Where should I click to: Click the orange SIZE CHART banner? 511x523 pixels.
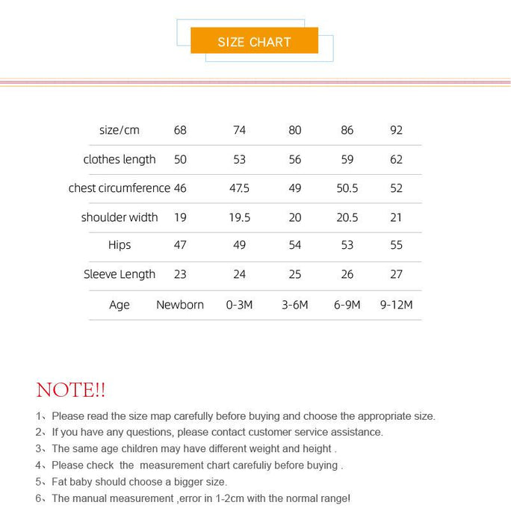[254, 41]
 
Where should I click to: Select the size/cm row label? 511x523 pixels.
[120, 130]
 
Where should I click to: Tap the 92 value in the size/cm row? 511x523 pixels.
[396, 130]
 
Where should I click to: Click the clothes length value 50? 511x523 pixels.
[180, 159]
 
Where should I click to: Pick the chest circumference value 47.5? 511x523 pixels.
[239, 188]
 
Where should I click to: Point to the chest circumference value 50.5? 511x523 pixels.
[347, 188]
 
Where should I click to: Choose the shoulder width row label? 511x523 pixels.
[120, 217]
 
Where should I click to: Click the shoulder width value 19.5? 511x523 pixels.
[239, 217]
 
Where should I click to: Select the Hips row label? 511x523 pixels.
[120, 245]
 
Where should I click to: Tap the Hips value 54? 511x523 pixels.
[295, 245]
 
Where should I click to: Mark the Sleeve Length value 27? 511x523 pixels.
[396, 274]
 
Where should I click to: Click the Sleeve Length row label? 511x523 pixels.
[120, 274]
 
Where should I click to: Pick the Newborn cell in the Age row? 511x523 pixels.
[180, 305]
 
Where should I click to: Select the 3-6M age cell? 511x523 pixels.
[295, 305]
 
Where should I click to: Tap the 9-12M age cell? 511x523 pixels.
[396, 305]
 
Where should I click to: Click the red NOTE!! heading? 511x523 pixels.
[71, 390]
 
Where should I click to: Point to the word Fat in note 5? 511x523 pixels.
[61, 482]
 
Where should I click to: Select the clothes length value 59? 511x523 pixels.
[347, 159]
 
